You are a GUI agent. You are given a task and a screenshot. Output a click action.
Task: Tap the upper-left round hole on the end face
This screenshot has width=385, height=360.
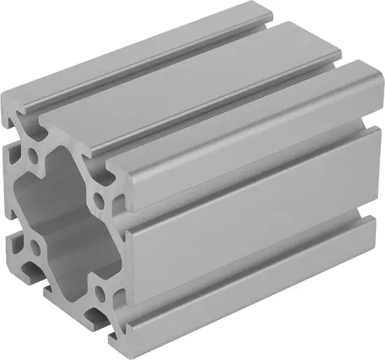34,153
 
